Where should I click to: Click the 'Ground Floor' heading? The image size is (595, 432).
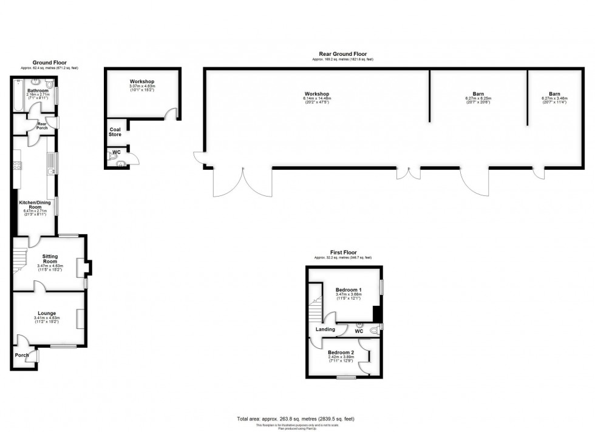click(x=50, y=62)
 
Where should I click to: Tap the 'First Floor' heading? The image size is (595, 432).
click(x=343, y=252)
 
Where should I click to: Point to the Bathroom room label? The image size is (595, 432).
click(x=37, y=90)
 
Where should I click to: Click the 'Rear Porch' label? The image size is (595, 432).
click(x=42, y=125)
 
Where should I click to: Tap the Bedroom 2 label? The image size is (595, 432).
click(x=339, y=353)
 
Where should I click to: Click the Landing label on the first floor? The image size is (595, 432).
click(x=325, y=329)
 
